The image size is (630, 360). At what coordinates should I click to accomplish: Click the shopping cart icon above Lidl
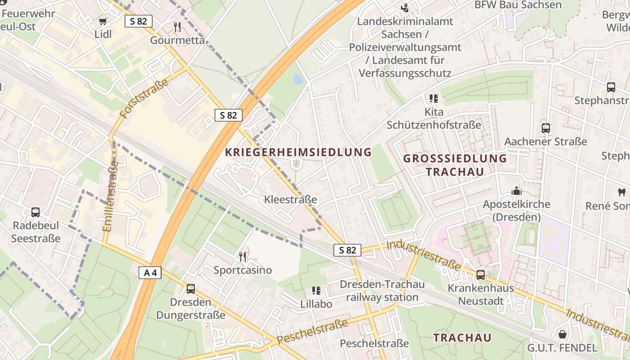pos(103,21)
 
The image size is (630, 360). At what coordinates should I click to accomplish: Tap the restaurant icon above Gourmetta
pos(177,27)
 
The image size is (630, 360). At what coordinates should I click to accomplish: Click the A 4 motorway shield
pos(150,273)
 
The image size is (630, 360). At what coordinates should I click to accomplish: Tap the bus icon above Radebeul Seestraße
pos(36,212)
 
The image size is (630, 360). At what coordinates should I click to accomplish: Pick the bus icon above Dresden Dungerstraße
pos(191,289)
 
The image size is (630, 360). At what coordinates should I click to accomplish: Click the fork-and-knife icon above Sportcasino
pos(243,257)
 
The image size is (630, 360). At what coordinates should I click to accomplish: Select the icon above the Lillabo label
pos(316,291)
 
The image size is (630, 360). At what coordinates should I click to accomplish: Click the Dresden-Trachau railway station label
pos(382,291)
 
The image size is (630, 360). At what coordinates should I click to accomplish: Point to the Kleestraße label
pos(291,199)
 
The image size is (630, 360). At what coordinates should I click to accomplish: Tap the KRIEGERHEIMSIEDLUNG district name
pos(298,152)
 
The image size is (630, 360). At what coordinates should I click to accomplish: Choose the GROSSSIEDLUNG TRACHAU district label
pos(455,165)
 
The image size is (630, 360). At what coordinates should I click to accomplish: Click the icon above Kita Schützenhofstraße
pos(434,98)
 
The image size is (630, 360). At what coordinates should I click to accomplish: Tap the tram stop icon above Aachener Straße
pos(546,128)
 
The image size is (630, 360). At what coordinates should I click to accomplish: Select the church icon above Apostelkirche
pos(516,191)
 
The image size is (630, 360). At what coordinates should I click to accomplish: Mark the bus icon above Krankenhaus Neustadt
pos(481,275)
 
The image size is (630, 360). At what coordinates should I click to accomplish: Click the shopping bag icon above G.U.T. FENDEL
pos(562,334)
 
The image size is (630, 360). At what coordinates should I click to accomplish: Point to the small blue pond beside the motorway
pos(297,80)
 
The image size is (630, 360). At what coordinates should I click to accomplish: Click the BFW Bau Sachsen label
pos(518,5)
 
